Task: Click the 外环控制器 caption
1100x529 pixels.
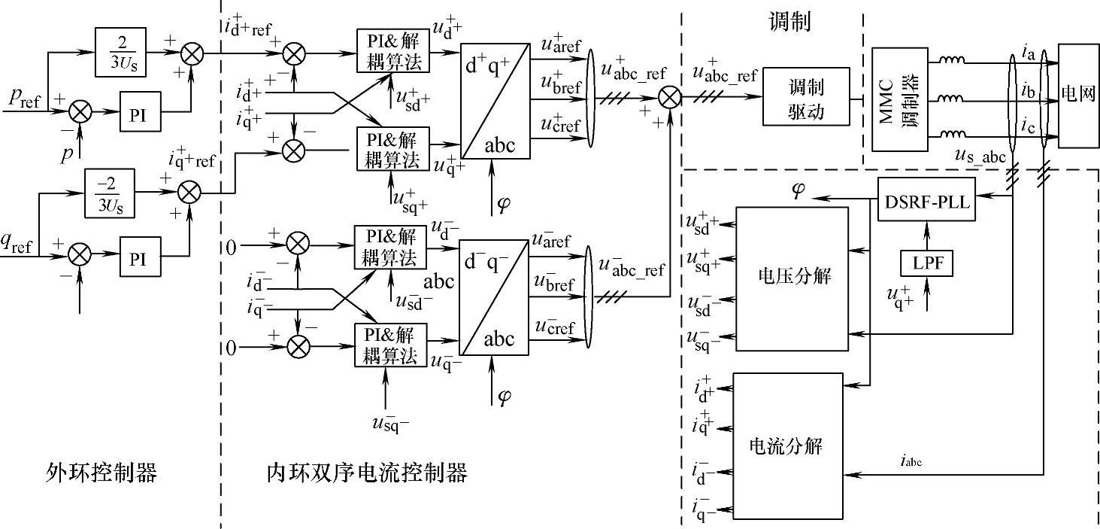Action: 101,473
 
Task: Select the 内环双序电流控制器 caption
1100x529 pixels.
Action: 367,473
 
